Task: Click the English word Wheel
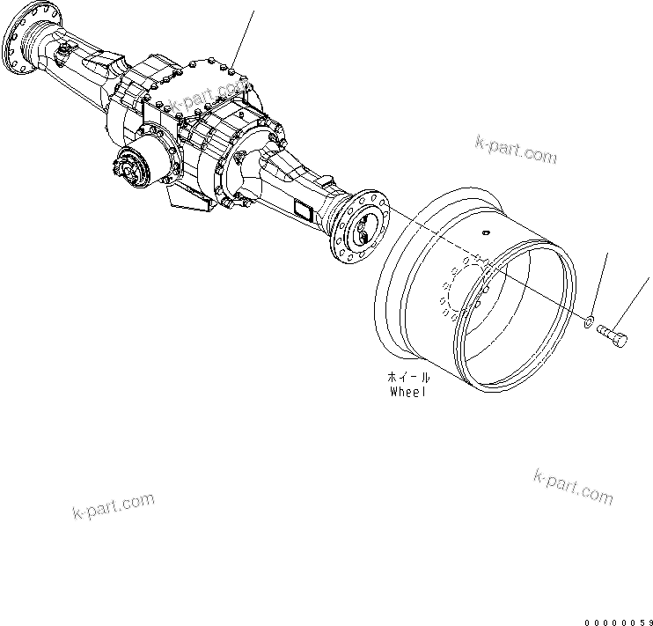tap(407, 392)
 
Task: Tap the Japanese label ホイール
tap(407, 377)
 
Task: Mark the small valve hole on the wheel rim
tap(484, 234)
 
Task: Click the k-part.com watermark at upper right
tap(515, 150)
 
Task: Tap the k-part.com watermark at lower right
tap(573, 488)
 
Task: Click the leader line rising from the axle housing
tap(245, 35)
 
